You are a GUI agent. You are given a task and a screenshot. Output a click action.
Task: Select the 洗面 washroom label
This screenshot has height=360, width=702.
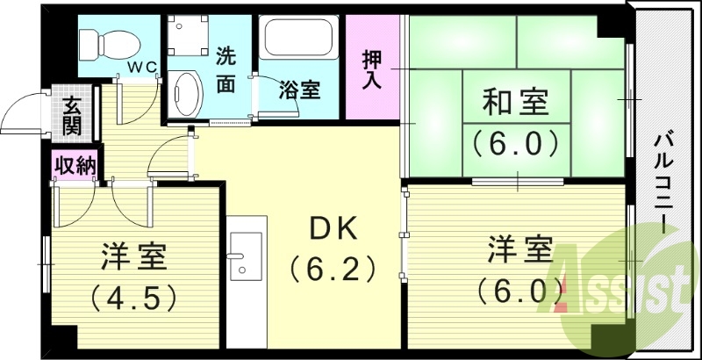click(226, 68)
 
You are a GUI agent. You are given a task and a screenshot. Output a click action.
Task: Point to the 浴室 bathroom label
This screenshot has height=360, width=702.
click(299, 89)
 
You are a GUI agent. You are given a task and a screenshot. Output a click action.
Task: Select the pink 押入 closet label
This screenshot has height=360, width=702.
click(371, 68)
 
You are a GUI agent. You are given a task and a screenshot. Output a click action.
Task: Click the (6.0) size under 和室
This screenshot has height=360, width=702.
click(516, 141)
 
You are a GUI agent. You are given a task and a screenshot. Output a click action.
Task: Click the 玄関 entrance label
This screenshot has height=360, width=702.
click(72, 114)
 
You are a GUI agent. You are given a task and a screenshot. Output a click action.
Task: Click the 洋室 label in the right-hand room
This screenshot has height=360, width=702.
click(520, 248)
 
